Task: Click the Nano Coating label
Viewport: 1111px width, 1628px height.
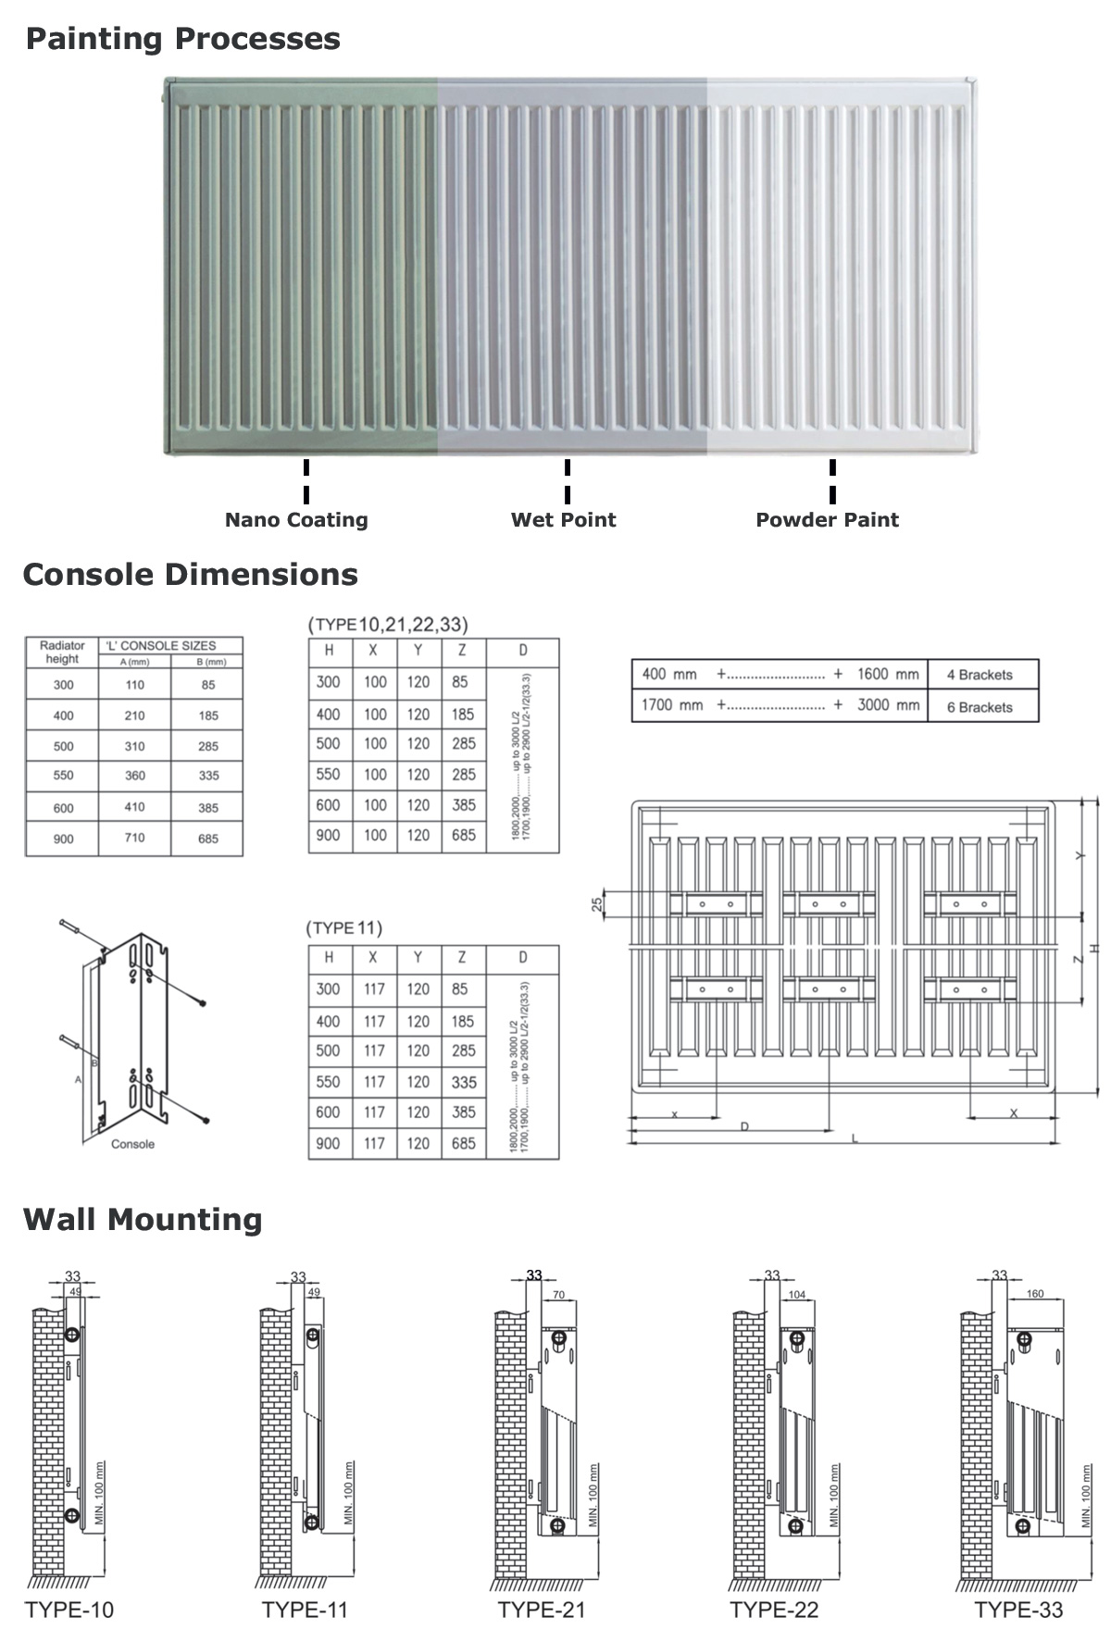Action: pyautogui.click(x=296, y=520)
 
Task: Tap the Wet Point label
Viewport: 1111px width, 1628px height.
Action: pyautogui.click(x=563, y=520)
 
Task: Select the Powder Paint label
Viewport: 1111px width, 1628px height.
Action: pyautogui.click(x=827, y=520)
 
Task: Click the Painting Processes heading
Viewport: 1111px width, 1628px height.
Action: pyautogui.click(x=182, y=39)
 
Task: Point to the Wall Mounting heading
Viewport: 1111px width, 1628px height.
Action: pyautogui.click(x=143, y=1219)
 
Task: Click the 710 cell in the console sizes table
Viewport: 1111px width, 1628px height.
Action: pyautogui.click(x=135, y=838)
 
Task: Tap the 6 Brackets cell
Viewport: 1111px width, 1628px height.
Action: pyautogui.click(x=980, y=707)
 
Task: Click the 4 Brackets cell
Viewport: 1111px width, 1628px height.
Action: pyautogui.click(x=980, y=675)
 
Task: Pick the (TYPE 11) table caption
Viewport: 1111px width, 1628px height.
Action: pyautogui.click(x=344, y=928)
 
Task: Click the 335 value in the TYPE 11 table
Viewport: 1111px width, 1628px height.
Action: pyautogui.click(x=464, y=1082)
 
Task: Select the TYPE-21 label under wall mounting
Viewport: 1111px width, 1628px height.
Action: pyautogui.click(x=542, y=1609)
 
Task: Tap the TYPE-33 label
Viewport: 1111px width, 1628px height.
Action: pyautogui.click(x=1018, y=1609)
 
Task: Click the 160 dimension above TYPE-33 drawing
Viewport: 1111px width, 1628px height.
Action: pyautogui.click(x=1035, y=1294)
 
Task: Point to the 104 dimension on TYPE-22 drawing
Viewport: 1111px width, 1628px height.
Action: pyautogui.click(x=797, y=1295)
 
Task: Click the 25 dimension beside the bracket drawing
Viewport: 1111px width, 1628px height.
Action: pyautogui.click(x=598, y=904)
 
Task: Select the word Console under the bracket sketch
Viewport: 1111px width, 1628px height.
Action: pyautogui.click(x=132, y=1145)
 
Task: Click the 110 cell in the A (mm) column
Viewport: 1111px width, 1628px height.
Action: pyautogui.click(x=135, y=685)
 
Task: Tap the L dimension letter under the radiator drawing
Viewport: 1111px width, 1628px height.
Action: pyautogui.click(x=855, y=1139)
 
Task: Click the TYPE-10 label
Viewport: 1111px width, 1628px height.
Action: pyautogui.click(x=69, y=1609)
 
